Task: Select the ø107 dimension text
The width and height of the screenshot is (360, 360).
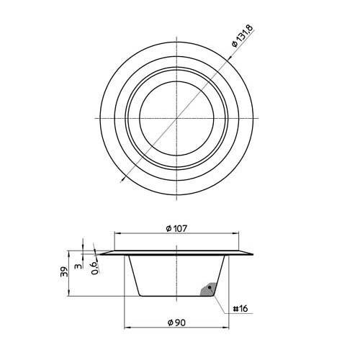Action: click(x=177, y=229)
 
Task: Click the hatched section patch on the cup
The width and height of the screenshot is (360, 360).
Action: click(x=208, y=289)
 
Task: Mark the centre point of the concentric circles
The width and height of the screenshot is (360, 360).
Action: click(x=177, y=117)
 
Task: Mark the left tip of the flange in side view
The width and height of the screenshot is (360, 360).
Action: click(x=100, y=254)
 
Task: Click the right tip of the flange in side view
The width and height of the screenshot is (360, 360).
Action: click(x=255, y=254)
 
